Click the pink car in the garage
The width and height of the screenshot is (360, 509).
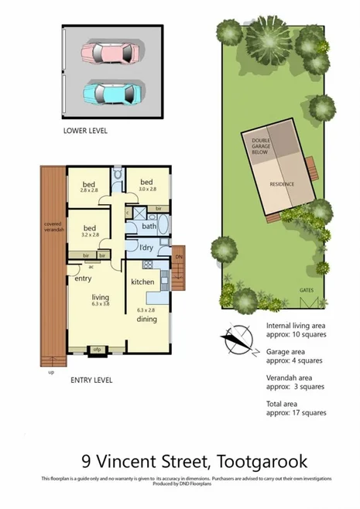tap(112, 53)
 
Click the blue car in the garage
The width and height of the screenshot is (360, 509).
tap(112, 92)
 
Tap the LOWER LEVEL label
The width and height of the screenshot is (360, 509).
tap(85, 132)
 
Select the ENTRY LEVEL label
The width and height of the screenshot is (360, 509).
tap(91, 380)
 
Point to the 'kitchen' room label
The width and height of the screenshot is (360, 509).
tap(143, 282)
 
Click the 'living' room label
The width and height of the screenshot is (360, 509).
tap(100, 297)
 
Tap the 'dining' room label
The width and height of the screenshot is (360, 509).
tap(146, 318)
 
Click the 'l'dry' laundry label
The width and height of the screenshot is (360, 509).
tap(146, 247)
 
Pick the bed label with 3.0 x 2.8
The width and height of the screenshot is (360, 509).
tap(147, 184)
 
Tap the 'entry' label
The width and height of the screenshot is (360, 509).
tap(84, 278)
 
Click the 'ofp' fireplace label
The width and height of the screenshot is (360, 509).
tap(98, 350)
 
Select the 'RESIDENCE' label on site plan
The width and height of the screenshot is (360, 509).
tap(282, 185)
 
